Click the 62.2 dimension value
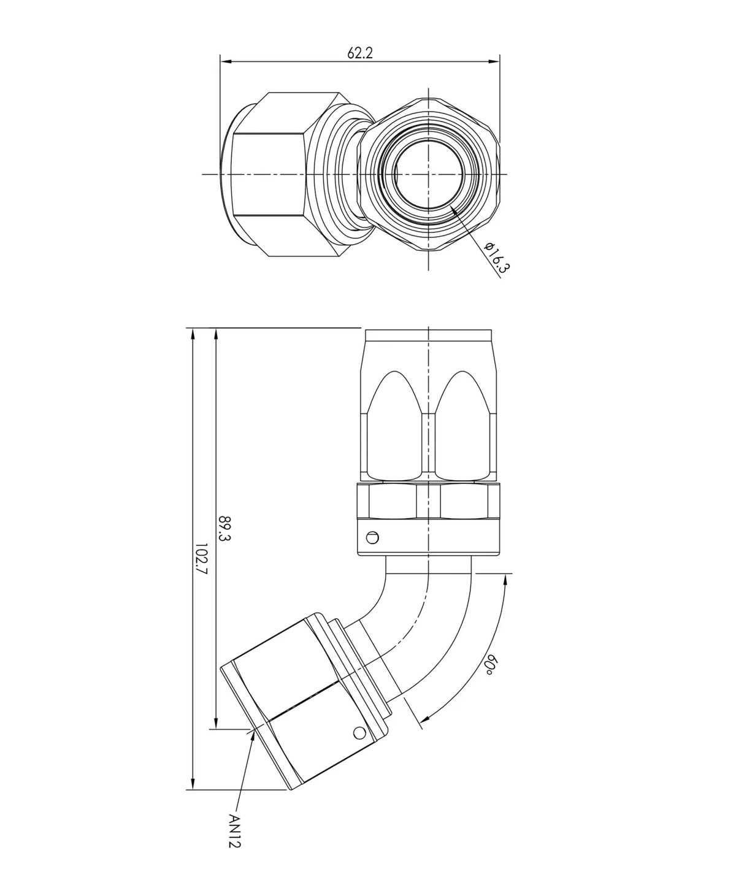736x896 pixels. pos(360,53)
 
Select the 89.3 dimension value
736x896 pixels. pos(224,529)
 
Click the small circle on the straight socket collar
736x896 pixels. pos(372,538)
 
